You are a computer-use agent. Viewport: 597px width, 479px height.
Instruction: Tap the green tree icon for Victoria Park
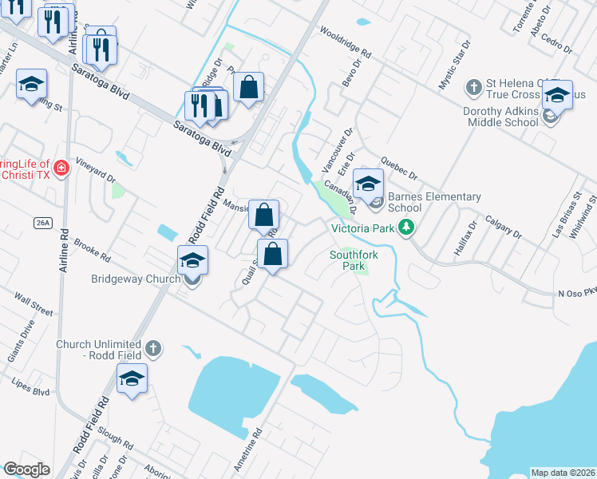(x=407, y=228)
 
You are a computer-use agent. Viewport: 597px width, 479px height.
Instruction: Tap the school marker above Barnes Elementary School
(x=368, y=183)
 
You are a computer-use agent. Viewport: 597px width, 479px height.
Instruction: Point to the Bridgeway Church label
(x=139, y=279)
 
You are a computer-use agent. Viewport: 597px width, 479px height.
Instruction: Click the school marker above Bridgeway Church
(x=192, y=260)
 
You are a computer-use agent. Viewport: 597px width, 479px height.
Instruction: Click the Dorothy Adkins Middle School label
(x=500, y=117)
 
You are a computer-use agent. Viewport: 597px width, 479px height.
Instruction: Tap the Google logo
(x=27, y=469)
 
